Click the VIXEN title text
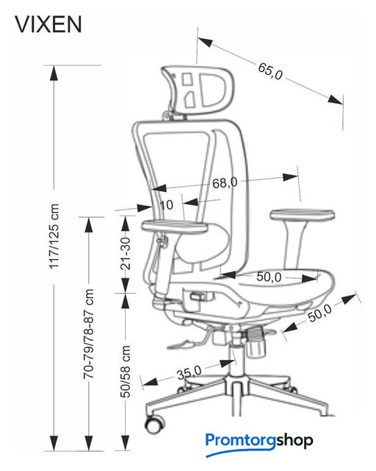[48, 24]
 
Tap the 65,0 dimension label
[270, 71]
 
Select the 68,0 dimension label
[225, 183]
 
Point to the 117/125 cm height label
[54, 236]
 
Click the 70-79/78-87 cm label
[89, 333]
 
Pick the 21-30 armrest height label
[126, 253]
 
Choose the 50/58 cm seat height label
[126, 372]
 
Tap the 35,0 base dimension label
[189, 373]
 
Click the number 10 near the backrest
[167, 205]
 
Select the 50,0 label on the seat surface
[269, 277]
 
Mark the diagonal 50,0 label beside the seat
[320, 313]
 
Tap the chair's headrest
[198, 89]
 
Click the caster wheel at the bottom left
[155, 424]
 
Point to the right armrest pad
[303, 214]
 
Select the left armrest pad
[175, 226]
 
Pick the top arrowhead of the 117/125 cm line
[54, 73]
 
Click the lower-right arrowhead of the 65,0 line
[335, 100]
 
